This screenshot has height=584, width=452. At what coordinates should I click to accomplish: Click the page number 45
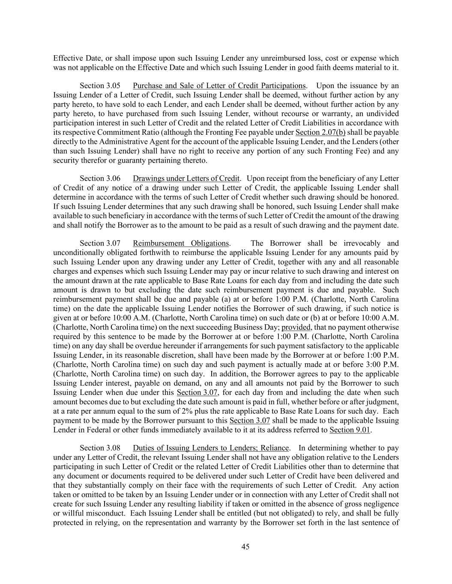[245, 546]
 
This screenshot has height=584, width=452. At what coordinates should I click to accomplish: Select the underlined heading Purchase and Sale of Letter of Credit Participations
[219, 86]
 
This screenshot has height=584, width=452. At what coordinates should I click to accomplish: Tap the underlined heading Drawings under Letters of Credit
[186, 178]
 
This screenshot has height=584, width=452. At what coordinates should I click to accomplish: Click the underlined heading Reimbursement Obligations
[181, 243]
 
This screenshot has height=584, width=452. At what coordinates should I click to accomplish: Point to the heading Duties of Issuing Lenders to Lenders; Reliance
[211, 448]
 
